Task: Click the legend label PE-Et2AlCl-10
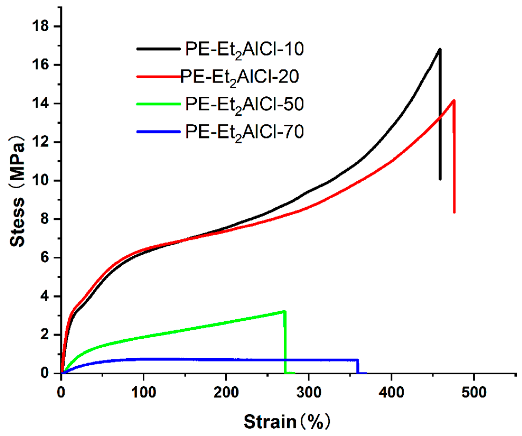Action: tap(244, 50)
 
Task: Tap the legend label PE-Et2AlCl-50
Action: tap(244, 105)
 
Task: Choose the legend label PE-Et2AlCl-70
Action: tap(244, 132)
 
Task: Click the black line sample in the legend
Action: tap(158, 49)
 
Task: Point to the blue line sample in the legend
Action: tap(158, 132)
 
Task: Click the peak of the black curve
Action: tap(439, 49)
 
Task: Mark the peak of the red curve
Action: tap(454, 101)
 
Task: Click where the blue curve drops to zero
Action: tap(358, 373)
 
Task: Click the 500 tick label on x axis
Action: tap(474, 393)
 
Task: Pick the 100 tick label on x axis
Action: tap(143, 393)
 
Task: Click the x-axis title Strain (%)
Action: tap(286, 422)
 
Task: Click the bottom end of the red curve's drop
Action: tap(454, 212)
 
